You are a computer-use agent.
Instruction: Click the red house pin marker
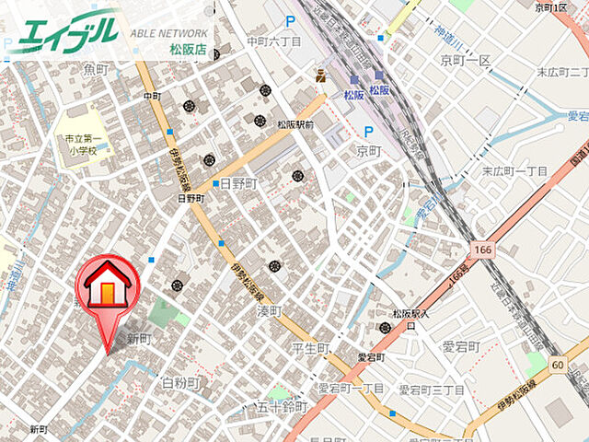108,295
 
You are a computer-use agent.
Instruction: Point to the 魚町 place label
96,68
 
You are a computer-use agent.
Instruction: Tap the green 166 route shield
484,250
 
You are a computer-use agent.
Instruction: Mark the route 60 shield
558,365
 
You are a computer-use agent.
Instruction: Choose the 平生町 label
310,348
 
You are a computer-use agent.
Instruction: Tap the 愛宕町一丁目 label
352,390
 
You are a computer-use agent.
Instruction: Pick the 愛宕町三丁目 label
432,390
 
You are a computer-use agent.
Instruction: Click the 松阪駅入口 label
406,319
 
